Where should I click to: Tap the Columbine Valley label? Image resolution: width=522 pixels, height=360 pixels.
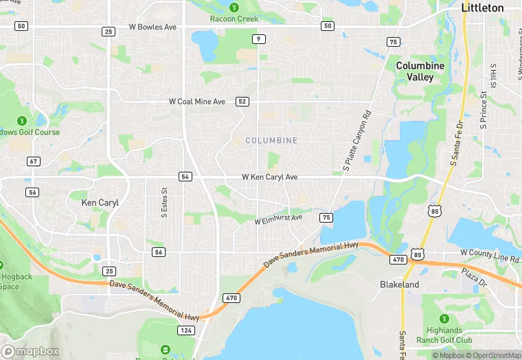point(420,71)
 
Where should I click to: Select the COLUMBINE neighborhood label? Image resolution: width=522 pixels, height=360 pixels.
point(271,140)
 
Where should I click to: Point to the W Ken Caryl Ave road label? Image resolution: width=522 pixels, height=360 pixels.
point(270,177)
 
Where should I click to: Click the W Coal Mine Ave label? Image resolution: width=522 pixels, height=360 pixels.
point(197,102)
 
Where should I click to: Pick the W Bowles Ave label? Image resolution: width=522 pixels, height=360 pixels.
point(153,27)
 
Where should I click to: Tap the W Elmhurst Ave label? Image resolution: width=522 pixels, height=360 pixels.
point(278,220)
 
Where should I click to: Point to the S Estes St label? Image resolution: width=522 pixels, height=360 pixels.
point(164,204)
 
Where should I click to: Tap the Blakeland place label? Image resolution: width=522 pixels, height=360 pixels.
point(400,284)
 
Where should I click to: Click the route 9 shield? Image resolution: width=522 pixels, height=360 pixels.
point(258,38)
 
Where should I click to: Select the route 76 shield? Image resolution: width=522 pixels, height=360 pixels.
point(393,42)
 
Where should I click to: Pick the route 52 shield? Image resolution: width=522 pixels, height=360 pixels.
point(242,101)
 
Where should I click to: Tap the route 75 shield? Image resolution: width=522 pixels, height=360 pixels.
point(326,217)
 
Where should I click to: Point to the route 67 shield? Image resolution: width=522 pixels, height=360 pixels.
point(33,161)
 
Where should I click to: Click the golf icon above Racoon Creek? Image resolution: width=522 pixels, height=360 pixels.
point(234,7)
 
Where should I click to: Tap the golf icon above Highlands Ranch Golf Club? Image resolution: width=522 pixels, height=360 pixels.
point(444,319)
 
